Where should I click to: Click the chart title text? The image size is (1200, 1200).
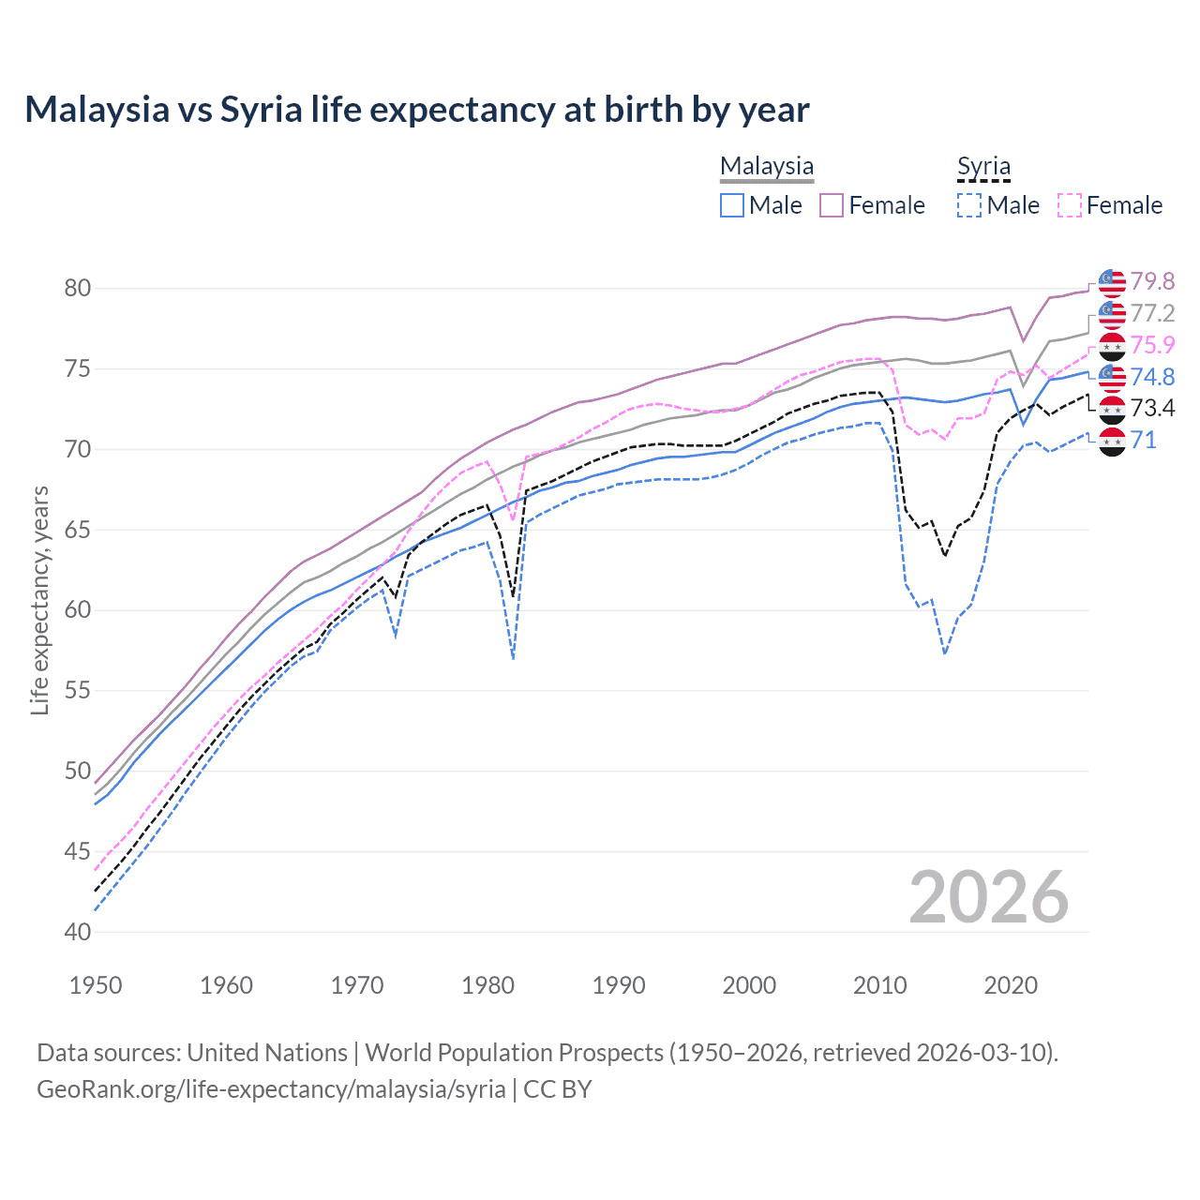pos(416,110)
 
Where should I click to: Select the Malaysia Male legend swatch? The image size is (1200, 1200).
pos(732,205)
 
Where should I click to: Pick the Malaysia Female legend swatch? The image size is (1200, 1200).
pos(832,205)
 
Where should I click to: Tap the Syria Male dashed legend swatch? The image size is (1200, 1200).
pos(969,205)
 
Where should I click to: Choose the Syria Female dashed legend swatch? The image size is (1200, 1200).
pos(1070,205)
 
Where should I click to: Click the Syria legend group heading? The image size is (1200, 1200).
pos(983,167)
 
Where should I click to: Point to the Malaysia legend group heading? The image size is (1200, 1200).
pos(767,167)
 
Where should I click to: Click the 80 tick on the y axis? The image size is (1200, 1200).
pos(78,288)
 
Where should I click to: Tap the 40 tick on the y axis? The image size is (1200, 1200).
pos(78,932)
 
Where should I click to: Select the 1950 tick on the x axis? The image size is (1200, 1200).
pos(96,985)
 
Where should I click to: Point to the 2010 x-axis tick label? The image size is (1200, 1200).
pos(879,985)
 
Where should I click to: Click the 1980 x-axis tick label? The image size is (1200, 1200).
pos(487,985)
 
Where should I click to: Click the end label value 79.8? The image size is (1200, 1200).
pos(1152,281)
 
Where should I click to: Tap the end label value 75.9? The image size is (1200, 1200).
pos(1152,345)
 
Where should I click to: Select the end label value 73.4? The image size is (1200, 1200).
pos(1152,408)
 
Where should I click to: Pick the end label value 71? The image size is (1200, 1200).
pos(1144,440)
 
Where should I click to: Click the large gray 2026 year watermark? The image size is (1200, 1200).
pos(989,897)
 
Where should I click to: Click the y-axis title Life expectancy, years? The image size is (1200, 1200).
pos(39,600)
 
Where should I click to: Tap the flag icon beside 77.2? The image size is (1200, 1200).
pos(1112,314)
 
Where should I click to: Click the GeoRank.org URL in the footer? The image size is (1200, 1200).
pos(271,1089)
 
